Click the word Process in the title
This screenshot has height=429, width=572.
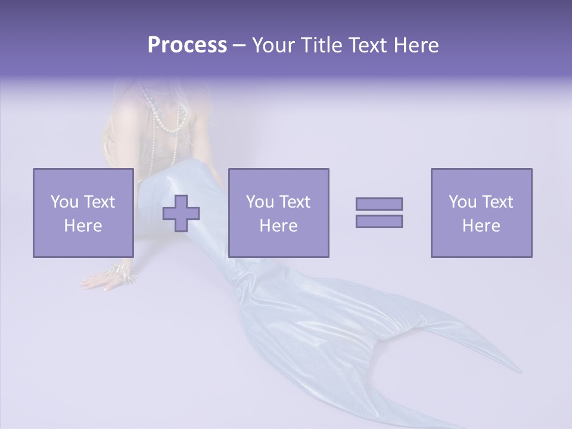[187, 45]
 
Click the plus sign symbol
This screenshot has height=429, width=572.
[181, 213]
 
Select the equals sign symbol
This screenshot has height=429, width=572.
[379, 213]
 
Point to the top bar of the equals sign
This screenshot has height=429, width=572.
[379, 204]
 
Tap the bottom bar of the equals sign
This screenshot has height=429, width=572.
[379, 222]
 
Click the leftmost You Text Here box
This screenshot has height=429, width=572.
[83, 213]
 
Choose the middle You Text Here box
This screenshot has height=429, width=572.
[278, 213]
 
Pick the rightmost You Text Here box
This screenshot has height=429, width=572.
[481, 213]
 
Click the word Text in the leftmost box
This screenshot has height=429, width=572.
[99, 202]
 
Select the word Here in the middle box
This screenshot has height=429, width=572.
[278, 226]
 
